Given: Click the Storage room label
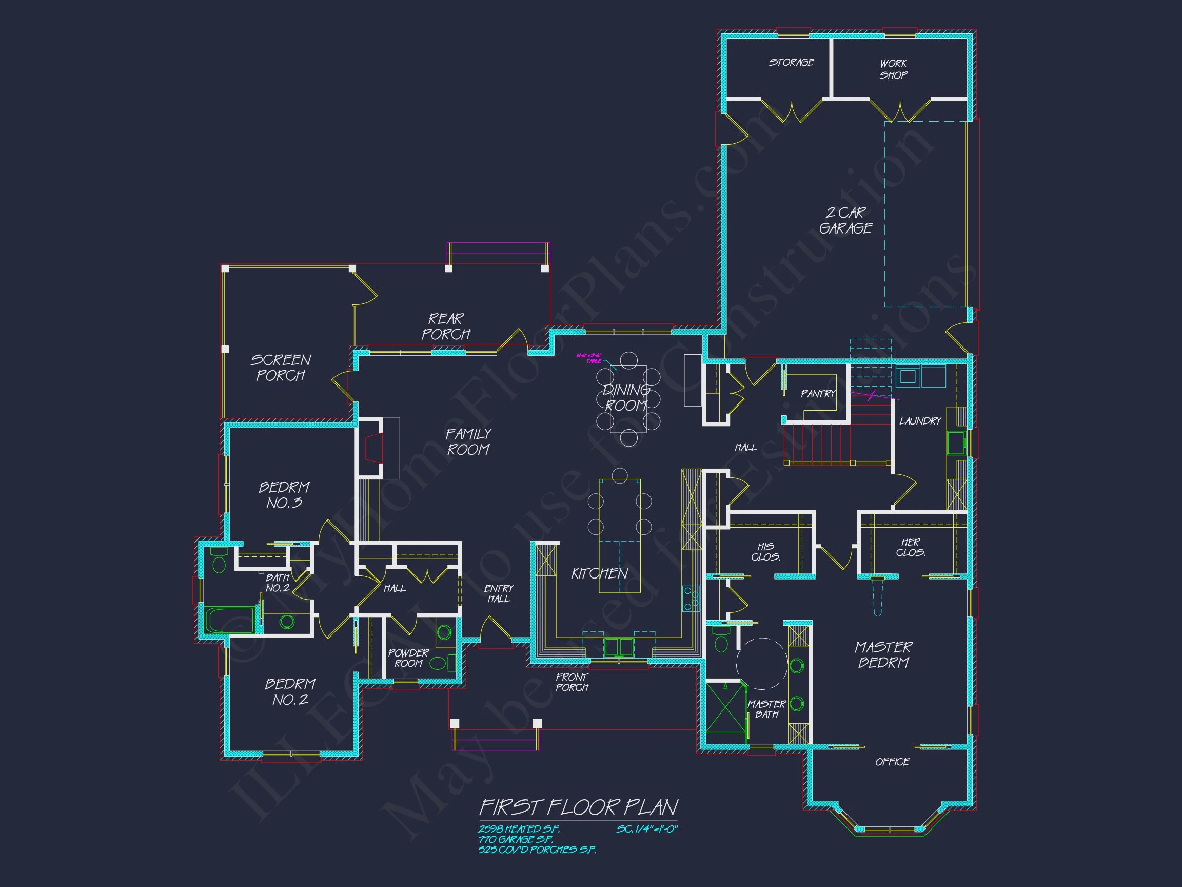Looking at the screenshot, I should click(791, 62).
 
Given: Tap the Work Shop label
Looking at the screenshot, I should click(894, 69).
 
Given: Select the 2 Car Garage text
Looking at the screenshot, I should click(846, 220).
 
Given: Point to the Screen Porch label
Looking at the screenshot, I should click(281, 368).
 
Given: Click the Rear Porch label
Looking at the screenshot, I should click(446, 326).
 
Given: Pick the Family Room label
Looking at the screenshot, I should click(468, 441).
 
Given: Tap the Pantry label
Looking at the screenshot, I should click(818, 394).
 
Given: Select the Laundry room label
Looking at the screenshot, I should click(920, 421).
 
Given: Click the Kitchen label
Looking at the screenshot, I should click(599, 574).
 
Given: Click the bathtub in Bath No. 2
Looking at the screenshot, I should click(230, 620).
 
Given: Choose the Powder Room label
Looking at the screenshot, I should click(408, 658).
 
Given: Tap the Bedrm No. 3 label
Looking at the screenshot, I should click(284, 495).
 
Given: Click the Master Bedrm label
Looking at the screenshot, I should click(883, 655).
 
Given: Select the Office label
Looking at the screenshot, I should click(892, 762).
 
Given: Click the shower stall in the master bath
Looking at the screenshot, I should click(725, 712).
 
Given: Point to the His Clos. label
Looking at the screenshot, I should click(765, 552).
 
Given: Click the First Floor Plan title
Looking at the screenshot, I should click(579, 807).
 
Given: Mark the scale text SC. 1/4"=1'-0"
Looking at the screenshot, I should click(646, 830).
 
